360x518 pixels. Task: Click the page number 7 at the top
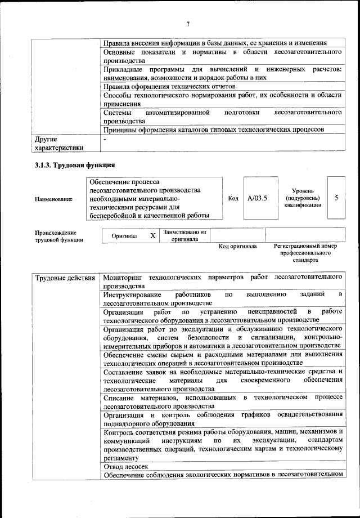pos(188,24)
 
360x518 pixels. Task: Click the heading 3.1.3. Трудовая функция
pos(74,166)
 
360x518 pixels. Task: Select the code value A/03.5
pos(256,199)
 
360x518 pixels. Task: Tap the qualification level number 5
pos(336,199)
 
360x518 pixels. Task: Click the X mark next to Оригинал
pos(152,236)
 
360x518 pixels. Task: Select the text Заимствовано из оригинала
pos(184,235)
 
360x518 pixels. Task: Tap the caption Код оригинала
pos(237,247)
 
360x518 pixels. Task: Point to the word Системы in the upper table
pos(118,113)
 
